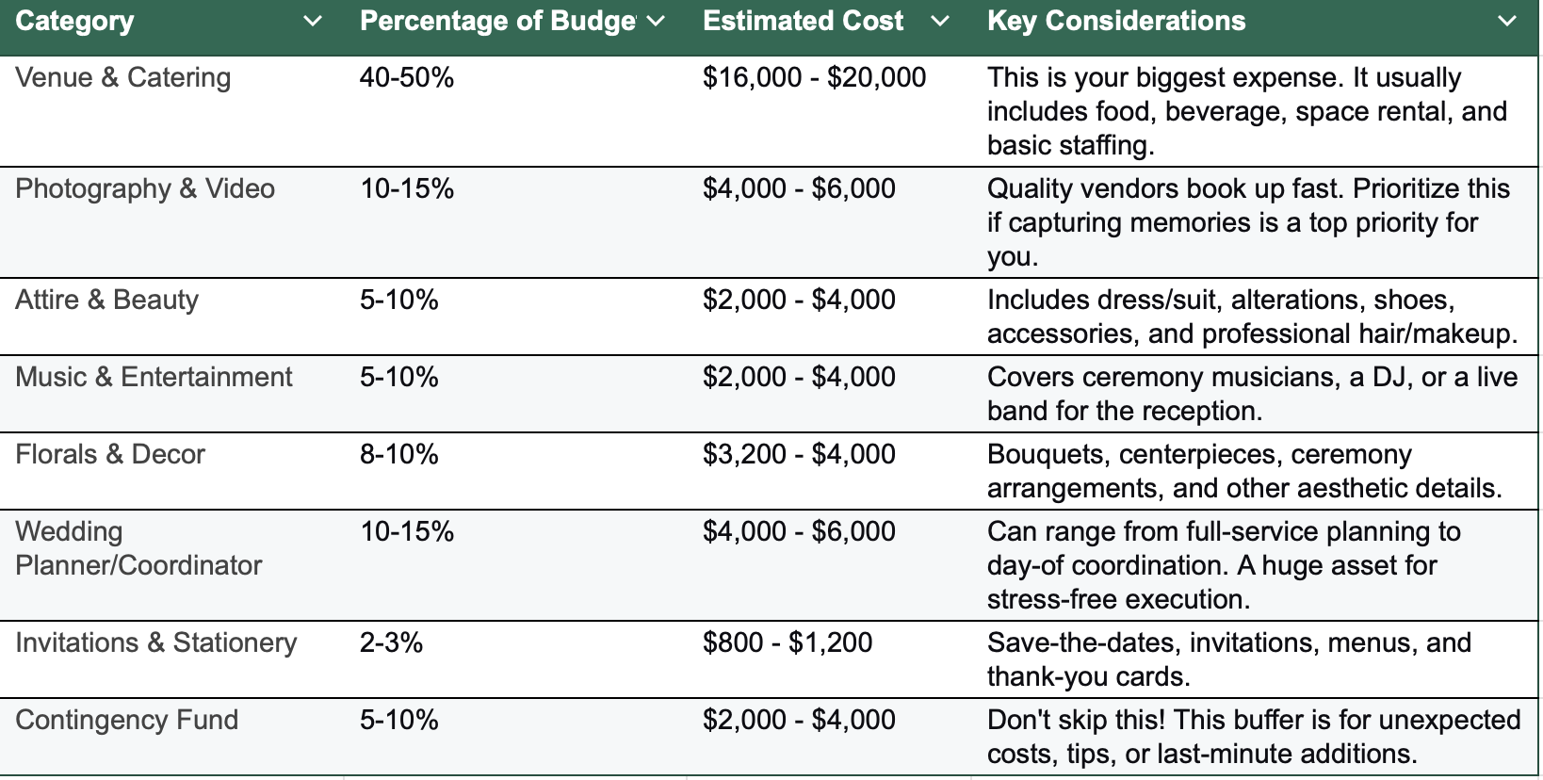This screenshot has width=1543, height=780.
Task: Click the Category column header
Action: point(75,22)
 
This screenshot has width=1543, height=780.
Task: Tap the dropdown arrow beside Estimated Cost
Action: point(939,22)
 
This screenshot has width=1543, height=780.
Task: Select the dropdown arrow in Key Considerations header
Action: point(1506,22)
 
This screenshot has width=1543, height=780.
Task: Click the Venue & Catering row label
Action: point(122,77)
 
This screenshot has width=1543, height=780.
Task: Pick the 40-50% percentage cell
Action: point(407,77)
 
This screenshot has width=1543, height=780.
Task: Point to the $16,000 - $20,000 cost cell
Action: point(814,77)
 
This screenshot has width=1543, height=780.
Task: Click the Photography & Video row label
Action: point(145,188)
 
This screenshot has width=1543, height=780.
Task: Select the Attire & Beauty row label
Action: point(106,300)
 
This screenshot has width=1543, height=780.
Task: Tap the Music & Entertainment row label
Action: point(154,377)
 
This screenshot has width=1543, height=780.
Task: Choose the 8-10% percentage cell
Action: point(399,454)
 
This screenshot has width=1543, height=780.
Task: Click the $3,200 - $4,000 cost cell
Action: point(799,454)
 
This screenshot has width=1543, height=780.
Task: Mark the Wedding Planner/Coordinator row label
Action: point(138,548)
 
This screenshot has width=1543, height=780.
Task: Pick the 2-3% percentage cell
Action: point(391,642)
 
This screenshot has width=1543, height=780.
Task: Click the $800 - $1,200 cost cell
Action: point(788,642)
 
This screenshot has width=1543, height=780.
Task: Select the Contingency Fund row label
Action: point(126,720)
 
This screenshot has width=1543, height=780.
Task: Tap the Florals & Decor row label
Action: point(110,454)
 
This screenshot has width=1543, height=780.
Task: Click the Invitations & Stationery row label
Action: point(155,642)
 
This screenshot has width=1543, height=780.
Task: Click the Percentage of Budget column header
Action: point(497,22)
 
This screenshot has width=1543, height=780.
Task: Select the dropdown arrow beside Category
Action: point(313,22)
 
